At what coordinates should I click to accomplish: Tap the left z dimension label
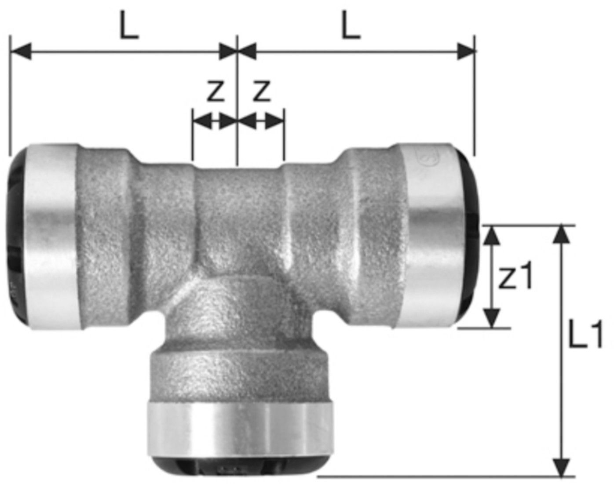[x=215, y=91]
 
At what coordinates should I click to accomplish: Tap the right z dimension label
[x=262, y=91]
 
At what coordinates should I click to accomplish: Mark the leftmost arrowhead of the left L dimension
[x=20, y=51]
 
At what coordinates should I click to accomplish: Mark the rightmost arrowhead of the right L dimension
[x=465, y=51]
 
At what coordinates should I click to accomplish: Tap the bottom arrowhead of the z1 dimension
[x=492, y=318]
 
